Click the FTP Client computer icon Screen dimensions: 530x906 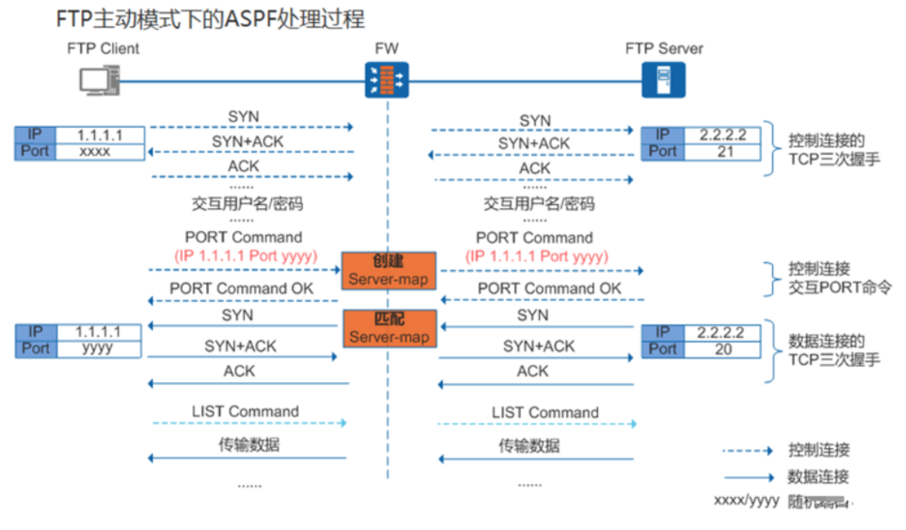click(98, 80)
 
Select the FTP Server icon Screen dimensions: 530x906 click(663, 80)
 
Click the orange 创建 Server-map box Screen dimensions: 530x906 click(388, 270)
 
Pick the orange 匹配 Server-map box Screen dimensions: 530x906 click(388, 327)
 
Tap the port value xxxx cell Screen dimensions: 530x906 click(100, 152)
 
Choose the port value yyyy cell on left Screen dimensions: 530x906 click(100, 349)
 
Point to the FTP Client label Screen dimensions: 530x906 click(103, 49)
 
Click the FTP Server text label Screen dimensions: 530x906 click(664, 49)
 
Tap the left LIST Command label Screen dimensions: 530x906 click(245, 412)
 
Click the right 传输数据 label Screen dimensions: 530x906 click(529, 446)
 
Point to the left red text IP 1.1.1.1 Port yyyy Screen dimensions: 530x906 click(245, 256)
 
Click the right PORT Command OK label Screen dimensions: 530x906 click(549, 289)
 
